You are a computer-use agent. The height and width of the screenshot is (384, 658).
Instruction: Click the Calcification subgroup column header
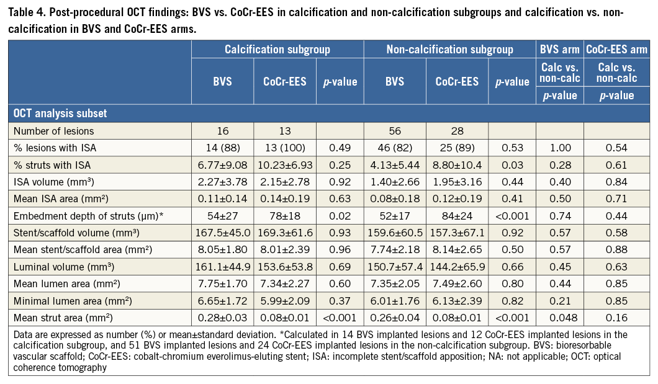[277, 49]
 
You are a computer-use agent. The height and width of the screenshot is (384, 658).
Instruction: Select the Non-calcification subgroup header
[450, 49]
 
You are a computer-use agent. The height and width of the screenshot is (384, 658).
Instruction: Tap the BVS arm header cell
[560, 49]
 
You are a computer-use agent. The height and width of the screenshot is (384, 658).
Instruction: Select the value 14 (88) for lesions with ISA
[223, 148]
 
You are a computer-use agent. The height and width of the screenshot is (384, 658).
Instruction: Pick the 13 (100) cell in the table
[285, 148]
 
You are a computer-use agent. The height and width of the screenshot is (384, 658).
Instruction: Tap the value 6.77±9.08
[223, 164]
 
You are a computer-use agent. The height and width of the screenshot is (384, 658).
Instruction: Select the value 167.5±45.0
[223, 230]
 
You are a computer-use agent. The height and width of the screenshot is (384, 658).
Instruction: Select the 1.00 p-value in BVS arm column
[560, 148]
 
